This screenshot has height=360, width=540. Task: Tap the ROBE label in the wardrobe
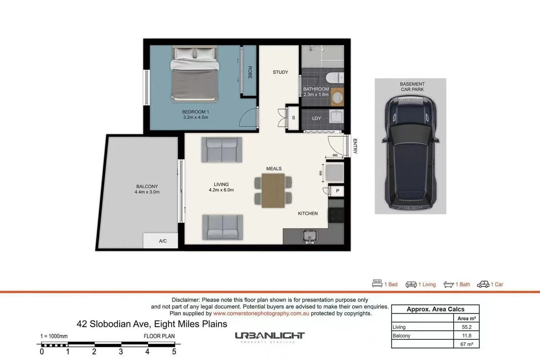pyautogui.click(x=250, y=73)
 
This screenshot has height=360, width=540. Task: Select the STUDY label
pyautogui.click(x=280, y=72)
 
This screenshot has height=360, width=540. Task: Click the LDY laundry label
pyautogui.click(x=316, y=118)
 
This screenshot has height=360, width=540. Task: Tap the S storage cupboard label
pyautogui.click(x=293, y=118)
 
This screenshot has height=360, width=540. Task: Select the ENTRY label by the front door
pyautogui.click(x=355, y=146)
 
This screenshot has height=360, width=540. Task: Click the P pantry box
pyautogui.click(x=337, y=191)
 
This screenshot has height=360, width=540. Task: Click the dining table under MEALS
pyautogui.click(x=273, y=190)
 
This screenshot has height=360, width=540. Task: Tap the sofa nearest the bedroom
pyautogui.click(x=221, y=150)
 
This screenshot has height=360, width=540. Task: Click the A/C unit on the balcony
pyautogui.click(x=162, y=241)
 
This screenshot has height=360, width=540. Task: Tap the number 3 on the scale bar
pyautogui.click(x=121, y=352)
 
